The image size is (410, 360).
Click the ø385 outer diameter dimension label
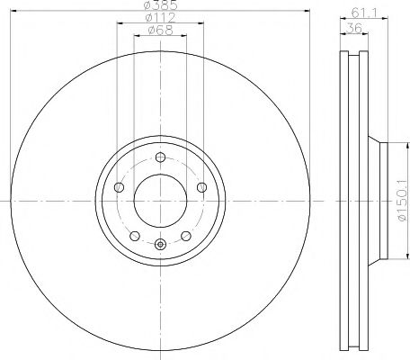[160, 5]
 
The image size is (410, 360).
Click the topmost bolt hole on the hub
[160, 158]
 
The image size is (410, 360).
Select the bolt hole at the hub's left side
[119, 188]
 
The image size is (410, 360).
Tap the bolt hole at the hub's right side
[201, 188]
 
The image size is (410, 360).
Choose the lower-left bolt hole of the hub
[135, 236]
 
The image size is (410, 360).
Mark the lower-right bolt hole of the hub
[185, 236]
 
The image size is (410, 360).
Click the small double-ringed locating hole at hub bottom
[160, 245]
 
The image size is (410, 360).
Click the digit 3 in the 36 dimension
[351, 28]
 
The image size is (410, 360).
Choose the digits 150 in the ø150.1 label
[398, 194]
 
